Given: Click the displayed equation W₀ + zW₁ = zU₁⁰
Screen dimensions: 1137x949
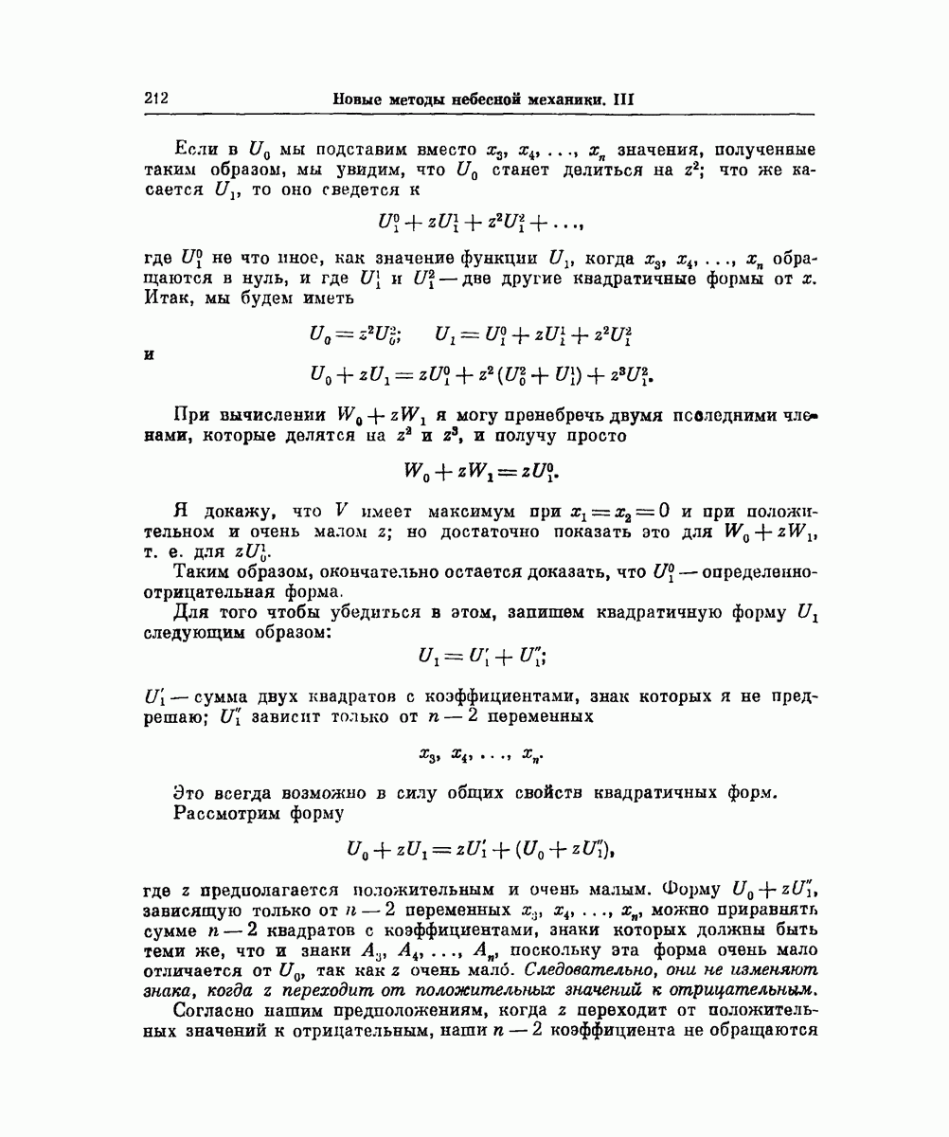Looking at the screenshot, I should coord(483,470).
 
